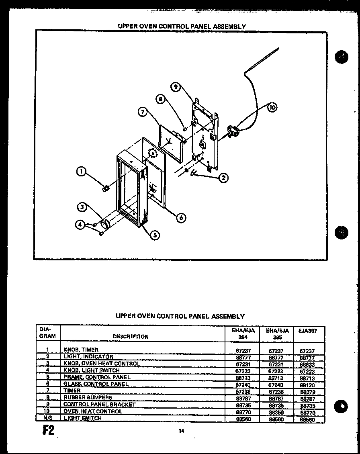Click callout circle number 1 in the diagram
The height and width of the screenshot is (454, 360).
point(82,172)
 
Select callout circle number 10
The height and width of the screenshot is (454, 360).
point(272,107)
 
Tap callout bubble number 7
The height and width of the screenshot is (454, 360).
point(142,112)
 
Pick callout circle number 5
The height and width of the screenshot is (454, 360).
point(155,235)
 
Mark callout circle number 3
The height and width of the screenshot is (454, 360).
point(82,207)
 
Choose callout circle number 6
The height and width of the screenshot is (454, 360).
point(181,217)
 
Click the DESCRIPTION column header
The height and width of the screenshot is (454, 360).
point(131,337)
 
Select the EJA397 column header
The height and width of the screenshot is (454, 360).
point(308,331)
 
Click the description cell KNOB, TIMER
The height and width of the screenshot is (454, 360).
point(81,350)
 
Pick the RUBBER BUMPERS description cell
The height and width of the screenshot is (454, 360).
point(88,398)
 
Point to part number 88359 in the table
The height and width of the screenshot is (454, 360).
point(276,412)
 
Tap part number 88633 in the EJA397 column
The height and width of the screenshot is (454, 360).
point(307,364)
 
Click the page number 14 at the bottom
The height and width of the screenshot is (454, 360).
point(181,431)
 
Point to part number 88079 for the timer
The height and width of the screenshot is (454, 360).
point(307,392)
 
